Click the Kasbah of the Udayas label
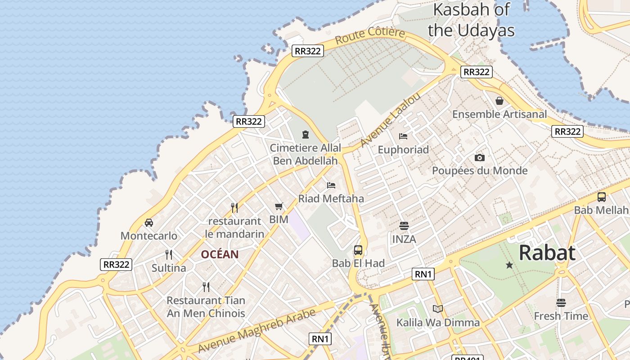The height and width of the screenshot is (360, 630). pyautogui.click(x=471, y=20)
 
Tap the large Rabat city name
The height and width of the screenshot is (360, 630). pyautogui.click(x=547, y=253)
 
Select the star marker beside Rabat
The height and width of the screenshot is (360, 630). pyautogui.click(x=509, y=265)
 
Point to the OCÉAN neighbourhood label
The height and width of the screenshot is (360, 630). pyautogui.click(x=220, y=254)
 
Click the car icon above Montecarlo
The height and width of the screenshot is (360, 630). pyautogui.click(x=149, y=223)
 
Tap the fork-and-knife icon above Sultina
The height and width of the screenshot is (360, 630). pyautogui.click(x=169, y=255)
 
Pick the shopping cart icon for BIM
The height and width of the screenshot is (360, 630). pyautogui.click(x=279, y=207)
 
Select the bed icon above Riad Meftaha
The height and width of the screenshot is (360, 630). pyautogui.click(x=331, y=185)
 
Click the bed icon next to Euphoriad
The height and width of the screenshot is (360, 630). pyautogui.click(x=403, y=136)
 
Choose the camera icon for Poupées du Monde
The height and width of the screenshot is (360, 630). pyautogui.click(x=480, y=157)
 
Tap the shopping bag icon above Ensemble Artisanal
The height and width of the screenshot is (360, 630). pyautogui.click(x=499, y=101)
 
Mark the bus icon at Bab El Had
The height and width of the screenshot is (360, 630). pyautogui.click(x=358, y=250)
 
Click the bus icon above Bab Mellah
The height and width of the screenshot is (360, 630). pyautogui.click(x=601, y=197)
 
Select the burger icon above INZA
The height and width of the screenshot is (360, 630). pyautogui.click(x=404, y=226)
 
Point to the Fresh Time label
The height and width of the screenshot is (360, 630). pyautogui.click(x=561, y=316)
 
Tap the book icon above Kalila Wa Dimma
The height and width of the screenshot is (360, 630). pyautogui.click(x=437, y=309)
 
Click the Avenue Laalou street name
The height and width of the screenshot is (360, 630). pyautogui.click(x=390, y=120)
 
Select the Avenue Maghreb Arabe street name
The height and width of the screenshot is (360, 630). pyautogui.click(x=256, y=331)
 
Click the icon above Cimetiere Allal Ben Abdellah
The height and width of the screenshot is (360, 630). pyautogui.click(x=306, y=135)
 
